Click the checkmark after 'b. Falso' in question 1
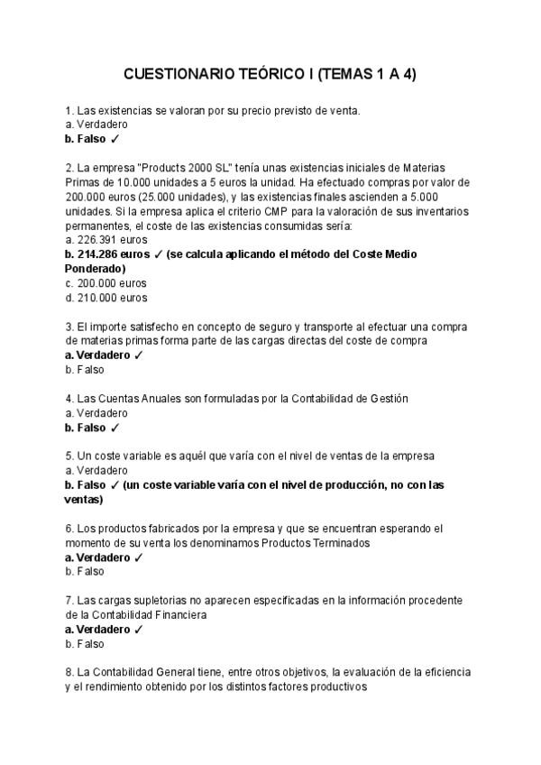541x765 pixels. [115, 139]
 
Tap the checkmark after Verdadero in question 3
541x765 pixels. [138, 355]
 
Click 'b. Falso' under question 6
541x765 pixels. [85, 572]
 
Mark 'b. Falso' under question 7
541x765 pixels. [85, 644]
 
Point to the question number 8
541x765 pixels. [69, 673]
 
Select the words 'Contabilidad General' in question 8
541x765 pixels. [144, 673]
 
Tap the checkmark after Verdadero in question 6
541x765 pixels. [138, 558]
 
